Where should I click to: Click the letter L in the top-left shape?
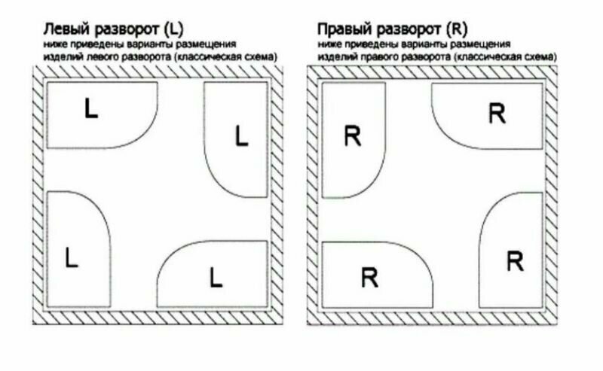pos(90,109)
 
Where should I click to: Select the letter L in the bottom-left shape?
pos(72,257)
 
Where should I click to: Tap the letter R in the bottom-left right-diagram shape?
pos(369,277)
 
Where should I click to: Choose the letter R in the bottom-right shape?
pos(515,262)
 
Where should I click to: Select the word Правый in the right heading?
pos(343,31)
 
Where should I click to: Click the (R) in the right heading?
pos(457,31)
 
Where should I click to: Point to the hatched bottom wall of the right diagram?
pos(433,318)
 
